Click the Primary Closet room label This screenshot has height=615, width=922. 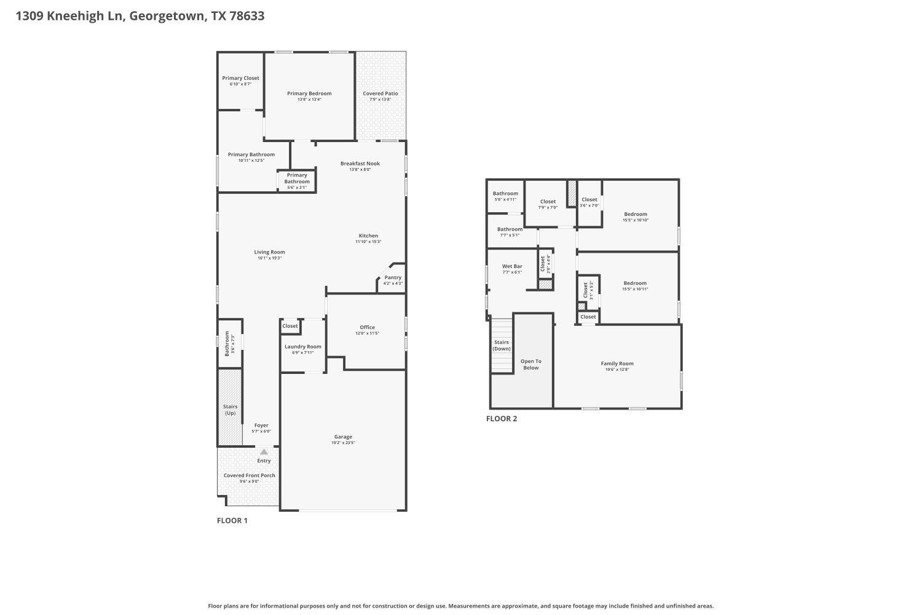pyautogui.click(x=240, y=78)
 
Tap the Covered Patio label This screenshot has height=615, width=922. pyautogui.click(x=380, y=93)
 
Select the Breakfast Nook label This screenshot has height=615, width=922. pyautogui.click(x=360, y=164)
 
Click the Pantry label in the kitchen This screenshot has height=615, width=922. pyautogui.click(x=393, y=277)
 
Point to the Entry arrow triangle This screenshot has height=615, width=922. pyautogui.click(x=264, y=452)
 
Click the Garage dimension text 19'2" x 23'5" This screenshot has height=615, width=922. pyautogui.click(x=343, y=443)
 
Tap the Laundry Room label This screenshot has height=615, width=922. pyautogui.click(x=302, y=347)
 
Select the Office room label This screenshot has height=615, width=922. pyautogui.click(x=367, y=327)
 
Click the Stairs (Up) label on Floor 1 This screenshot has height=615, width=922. pyautogui.click(x=230, y=410)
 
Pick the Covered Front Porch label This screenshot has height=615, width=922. pyautogui.click(x=249, y=475)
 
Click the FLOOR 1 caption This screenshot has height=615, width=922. pyautogui.click(x=232, y=520)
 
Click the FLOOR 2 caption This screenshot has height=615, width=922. pyautogui.click(x=502, y=419)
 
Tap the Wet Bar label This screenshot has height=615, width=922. pyautogui.click(x=512, y=266)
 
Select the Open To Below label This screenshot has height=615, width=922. pyautogui.click(x=530, y=364)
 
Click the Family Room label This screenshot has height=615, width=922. pyautogui.click(x=617, y=363)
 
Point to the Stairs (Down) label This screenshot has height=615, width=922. pyautogui.click(x=502, y=345)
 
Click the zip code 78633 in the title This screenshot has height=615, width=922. pyautogui.click(x=246, y=16)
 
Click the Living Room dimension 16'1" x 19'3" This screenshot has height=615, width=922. pyautogui.click(x=269, y=258)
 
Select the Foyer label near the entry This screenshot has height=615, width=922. pyautogui.click(x=261, y=425)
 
